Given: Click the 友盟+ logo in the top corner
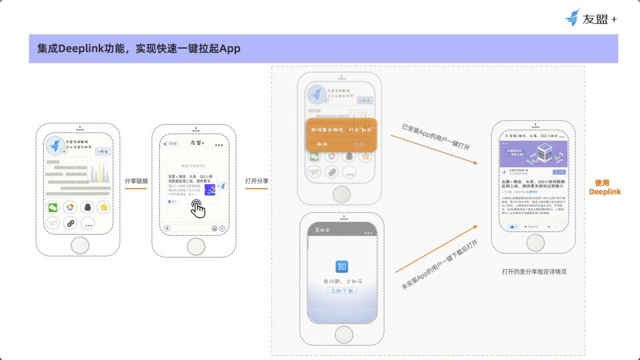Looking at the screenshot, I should [x=590, y=19].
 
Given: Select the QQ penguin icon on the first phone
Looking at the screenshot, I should [x=87, y=207].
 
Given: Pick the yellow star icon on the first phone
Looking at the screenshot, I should [x=103, y=207].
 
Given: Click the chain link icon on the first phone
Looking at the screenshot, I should [x=70, y=223].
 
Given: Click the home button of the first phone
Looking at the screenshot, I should [x=79, y=245].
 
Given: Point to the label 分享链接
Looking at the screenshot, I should [x=136, y=181].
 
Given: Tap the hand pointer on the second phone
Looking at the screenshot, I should [x=198, y=209].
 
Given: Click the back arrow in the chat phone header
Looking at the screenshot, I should [x=165, y=143].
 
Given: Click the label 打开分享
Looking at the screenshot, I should [x=257, y=181].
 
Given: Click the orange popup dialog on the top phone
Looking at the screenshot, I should [x=341, y=135].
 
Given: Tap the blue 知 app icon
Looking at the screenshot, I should [x=341, y=266].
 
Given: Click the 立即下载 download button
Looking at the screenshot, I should [x=341, y=291].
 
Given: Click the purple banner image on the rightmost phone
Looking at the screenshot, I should [x=533, y=153].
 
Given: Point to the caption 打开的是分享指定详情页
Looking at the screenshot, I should [x=534, y=272].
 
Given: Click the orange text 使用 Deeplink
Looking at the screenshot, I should [x=605, y=187].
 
